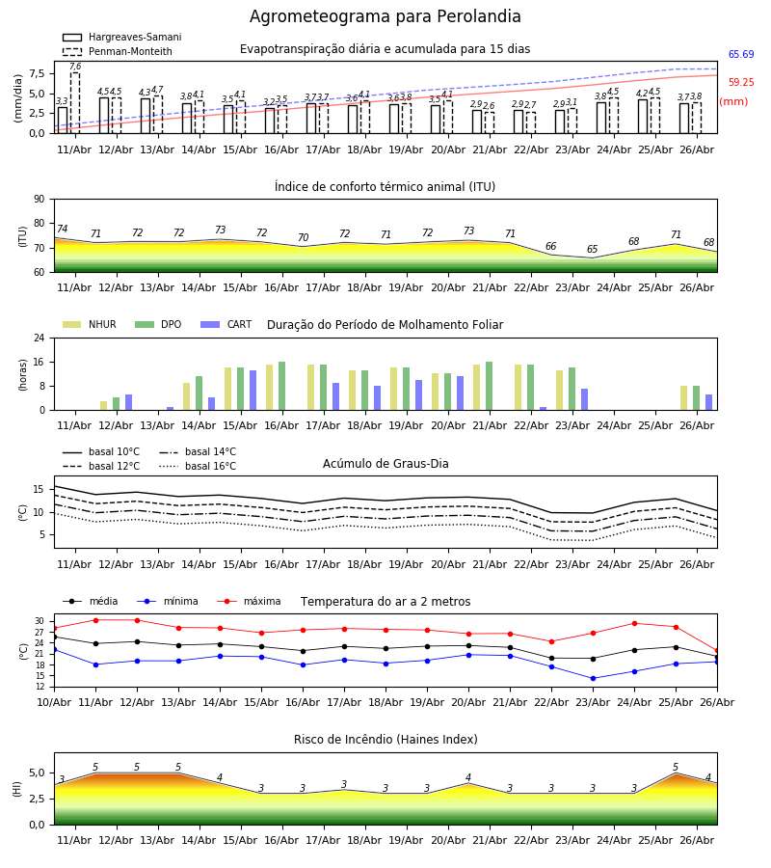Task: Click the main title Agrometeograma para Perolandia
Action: (x=385, y=16)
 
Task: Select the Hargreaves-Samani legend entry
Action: (x=122, y=37)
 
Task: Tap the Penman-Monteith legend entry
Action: (x=118, y=51)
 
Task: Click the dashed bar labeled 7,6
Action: (x=75, y=103)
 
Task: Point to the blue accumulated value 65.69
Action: (x=741, y=54)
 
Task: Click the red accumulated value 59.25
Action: (x=741, y=83)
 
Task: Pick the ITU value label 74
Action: (x=62, y=229)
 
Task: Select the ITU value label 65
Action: (x=593, y=249)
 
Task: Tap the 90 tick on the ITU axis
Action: (x=40, y=200)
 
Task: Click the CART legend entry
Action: (x=226, y=324)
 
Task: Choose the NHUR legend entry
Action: (x=90, y=324)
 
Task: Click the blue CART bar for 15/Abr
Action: (x=253, y=391)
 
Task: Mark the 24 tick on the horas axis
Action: (x=40, y=338)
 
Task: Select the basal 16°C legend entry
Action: (x=198, y=466)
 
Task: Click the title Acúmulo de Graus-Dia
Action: (x=385, y=464)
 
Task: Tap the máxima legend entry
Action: (x=249, y=601)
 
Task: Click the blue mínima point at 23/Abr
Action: (x=594, y=678)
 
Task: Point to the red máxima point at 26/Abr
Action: (x=717, y=651)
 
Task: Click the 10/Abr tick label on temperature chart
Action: (x=54, y=702)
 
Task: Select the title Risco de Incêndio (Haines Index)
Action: (x=385, y=740)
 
